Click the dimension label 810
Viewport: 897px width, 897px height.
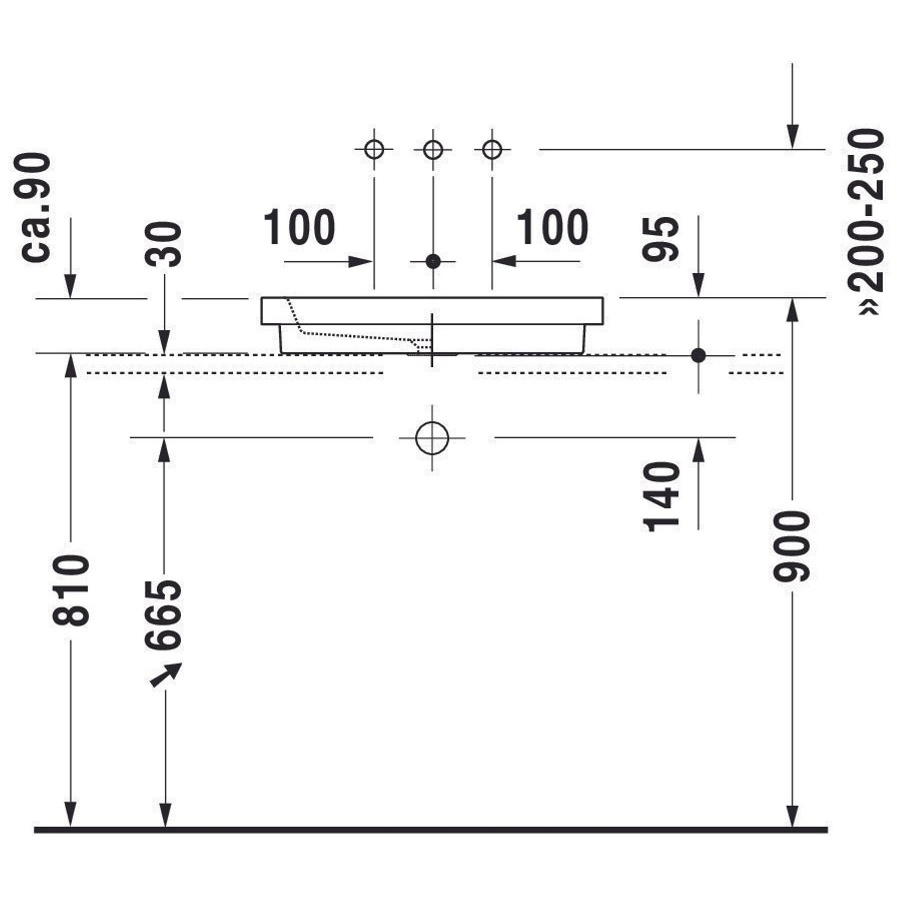(x=71, y=590)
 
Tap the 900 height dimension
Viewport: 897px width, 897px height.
(x=792, y=546)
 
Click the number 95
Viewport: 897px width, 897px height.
(x=661, y=238)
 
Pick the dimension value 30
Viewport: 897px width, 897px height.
(x=163, y=244)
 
